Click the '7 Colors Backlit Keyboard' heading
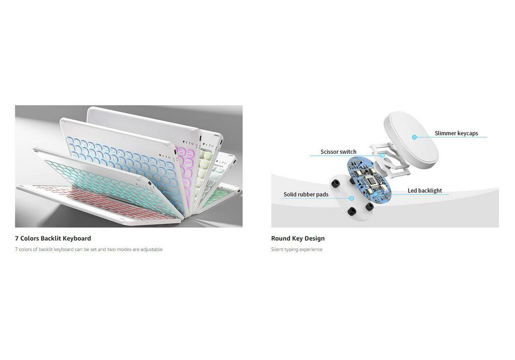(x=53, y=238)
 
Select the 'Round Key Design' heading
(x=298, y=238)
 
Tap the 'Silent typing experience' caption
(x=297, y=249)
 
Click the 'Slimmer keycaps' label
(x=456, y=133)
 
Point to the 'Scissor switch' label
(x=338, y=152)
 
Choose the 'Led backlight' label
(x=424, y=191)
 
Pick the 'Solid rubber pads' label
(x=306, y=195)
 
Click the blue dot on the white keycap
(x=414, y=137)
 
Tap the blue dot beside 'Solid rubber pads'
(x=352, y=198)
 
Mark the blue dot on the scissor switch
(x=382, y=155)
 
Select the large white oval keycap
(x=410, y=140)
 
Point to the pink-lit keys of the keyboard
(x=186, y=164)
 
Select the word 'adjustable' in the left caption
(x=151, y=249)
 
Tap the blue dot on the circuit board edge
(x=375, y=195)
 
